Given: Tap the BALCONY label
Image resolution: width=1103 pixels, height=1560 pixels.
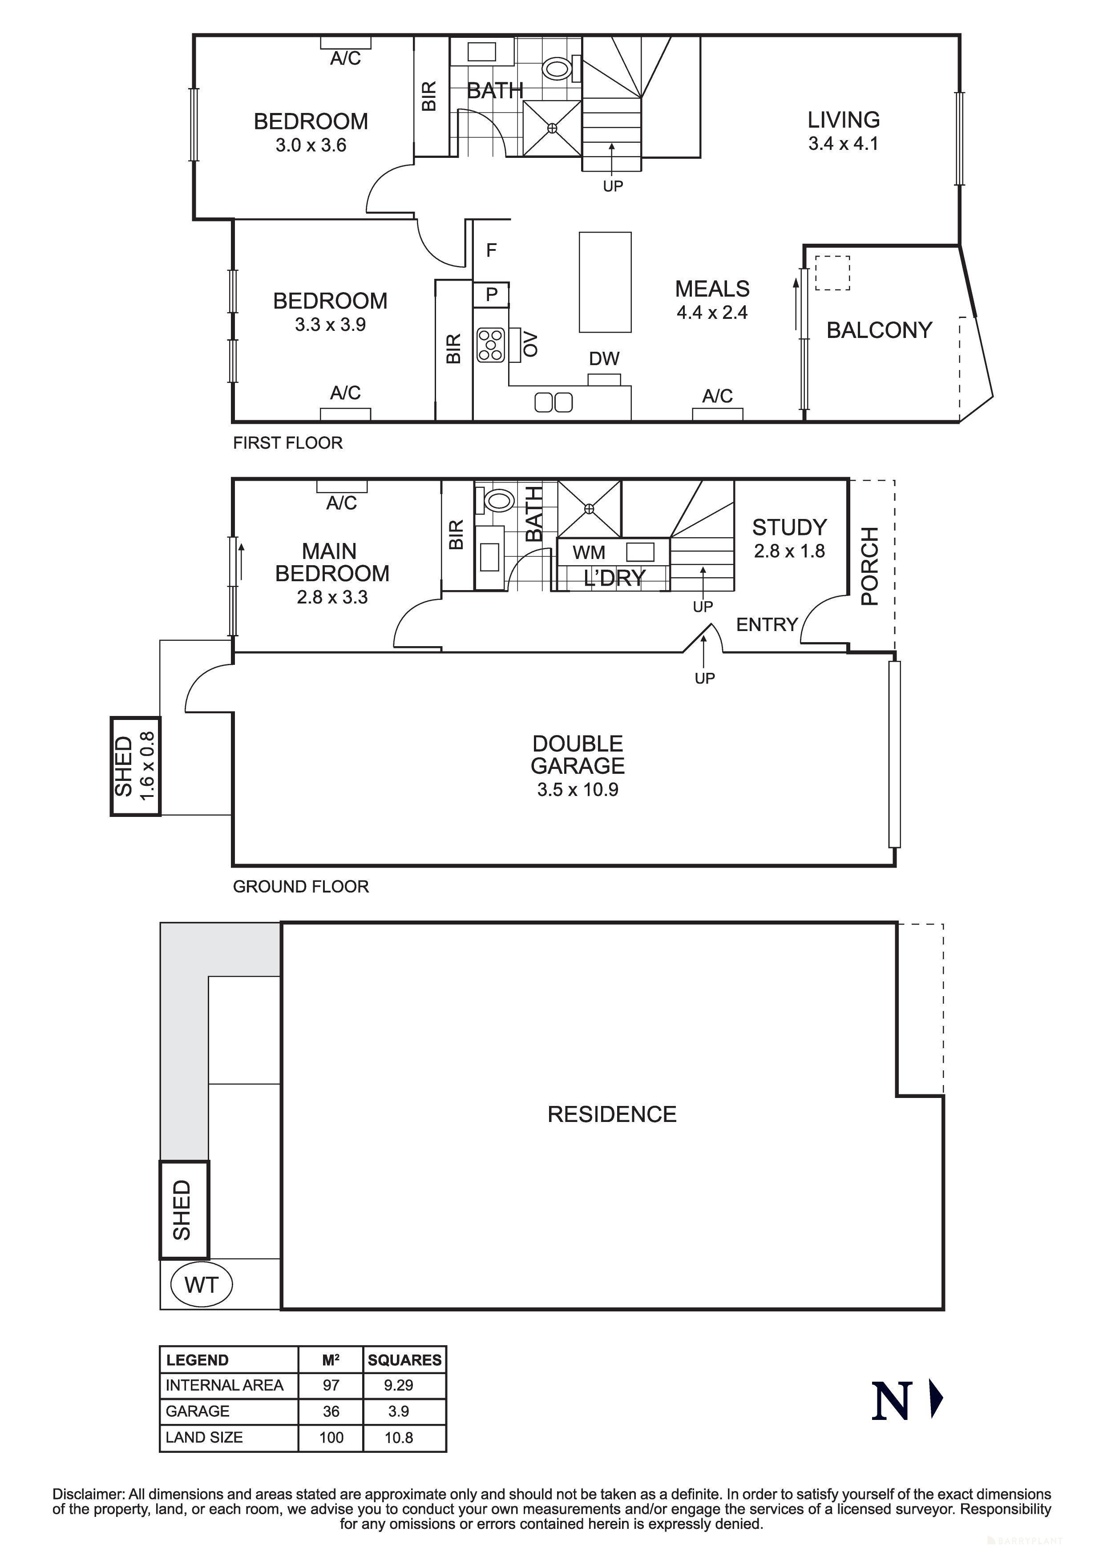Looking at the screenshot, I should coord(879,330).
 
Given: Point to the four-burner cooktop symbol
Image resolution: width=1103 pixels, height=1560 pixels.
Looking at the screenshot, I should coord(491,345).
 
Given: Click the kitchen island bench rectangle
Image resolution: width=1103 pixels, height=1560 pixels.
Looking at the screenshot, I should coord(605,282).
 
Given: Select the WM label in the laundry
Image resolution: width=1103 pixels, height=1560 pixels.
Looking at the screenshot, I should coord(589,552).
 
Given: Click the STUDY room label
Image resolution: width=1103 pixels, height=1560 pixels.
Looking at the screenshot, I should coord(789,527).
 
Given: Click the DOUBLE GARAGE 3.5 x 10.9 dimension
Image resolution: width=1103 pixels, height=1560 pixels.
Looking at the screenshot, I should coord(577,789).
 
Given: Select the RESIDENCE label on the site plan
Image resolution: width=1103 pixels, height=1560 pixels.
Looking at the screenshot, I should coord(612,1114).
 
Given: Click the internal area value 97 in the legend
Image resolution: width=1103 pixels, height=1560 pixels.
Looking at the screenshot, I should coord(331,1385).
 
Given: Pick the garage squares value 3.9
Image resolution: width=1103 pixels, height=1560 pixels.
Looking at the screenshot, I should coord(399,1411).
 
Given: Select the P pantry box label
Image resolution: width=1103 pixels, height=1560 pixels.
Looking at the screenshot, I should coord(491,294).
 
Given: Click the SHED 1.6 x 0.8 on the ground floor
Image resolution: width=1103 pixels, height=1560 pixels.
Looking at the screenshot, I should coord(135,766).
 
